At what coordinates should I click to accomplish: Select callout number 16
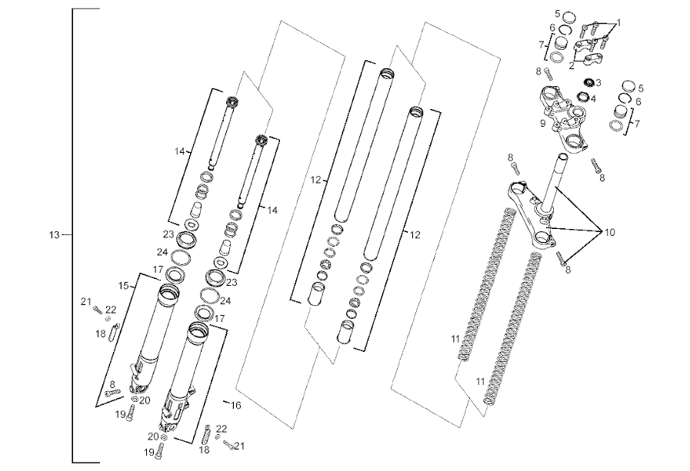coord(236,404)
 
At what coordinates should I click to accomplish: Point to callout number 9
coord(543,123)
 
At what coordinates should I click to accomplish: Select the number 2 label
coord(572,66)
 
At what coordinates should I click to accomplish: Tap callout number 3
coord(598,82)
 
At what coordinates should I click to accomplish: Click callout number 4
coord(593,98)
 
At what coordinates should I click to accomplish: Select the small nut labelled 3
coord(588,82)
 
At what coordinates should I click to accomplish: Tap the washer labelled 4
coord(582,97)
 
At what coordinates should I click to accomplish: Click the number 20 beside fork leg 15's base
coord(145,400)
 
